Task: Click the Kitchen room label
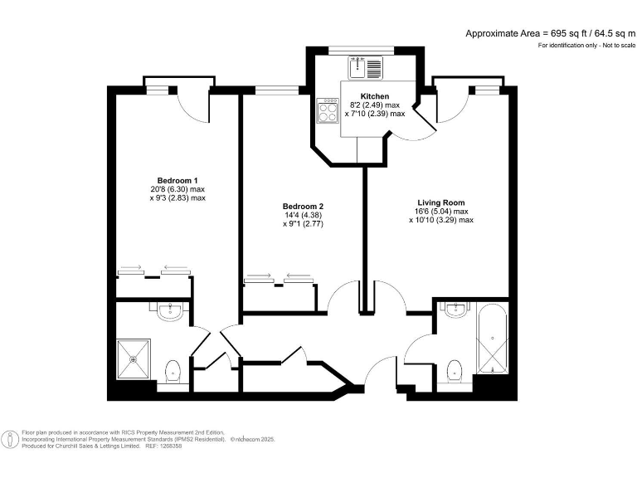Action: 375,96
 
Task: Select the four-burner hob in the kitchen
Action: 327,110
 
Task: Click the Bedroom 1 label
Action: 177,180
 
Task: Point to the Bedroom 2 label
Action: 303,206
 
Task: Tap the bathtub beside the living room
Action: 493,341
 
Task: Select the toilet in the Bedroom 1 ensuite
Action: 173,370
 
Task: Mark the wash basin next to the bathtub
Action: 455,310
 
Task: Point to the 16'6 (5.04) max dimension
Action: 440,211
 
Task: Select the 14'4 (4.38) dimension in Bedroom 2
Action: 303,215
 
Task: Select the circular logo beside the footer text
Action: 11,438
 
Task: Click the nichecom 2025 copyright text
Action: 252,438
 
